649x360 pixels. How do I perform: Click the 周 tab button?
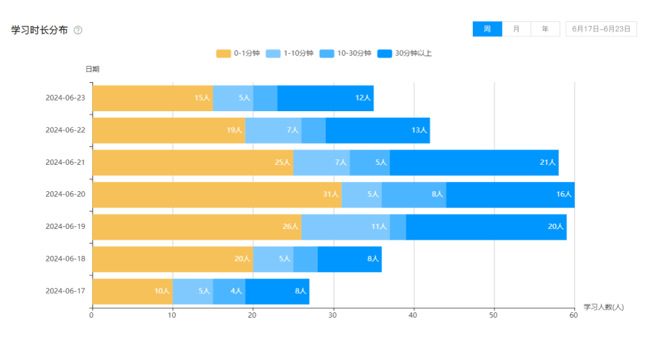point(487,29)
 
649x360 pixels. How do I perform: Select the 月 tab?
point(516,29)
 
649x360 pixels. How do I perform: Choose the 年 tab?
point(545,29)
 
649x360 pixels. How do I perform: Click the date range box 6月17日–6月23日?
point(601,29)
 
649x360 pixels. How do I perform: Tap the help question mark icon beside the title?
point(78,30)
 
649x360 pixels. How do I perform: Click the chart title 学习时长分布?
point(39,30)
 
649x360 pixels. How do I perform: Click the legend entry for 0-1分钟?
point(238,54)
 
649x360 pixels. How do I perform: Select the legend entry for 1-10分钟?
point(290,54)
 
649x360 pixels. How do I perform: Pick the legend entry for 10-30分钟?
point(346,54)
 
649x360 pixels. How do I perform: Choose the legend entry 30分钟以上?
point(405,54)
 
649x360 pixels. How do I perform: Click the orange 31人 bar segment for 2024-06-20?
point(217,195)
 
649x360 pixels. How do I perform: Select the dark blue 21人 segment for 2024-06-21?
point(474,163)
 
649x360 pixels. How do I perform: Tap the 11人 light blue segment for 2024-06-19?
point(346,227)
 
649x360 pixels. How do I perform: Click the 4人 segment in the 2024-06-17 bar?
point(229,291)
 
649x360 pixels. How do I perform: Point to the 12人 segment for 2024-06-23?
point(325,98)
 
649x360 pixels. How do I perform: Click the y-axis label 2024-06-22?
point(66,130)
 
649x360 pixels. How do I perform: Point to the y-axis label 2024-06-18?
point(66,259)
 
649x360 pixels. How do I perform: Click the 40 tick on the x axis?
point(413,315)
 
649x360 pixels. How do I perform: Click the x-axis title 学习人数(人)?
point(603,307)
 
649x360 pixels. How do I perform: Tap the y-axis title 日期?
point(92,69)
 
